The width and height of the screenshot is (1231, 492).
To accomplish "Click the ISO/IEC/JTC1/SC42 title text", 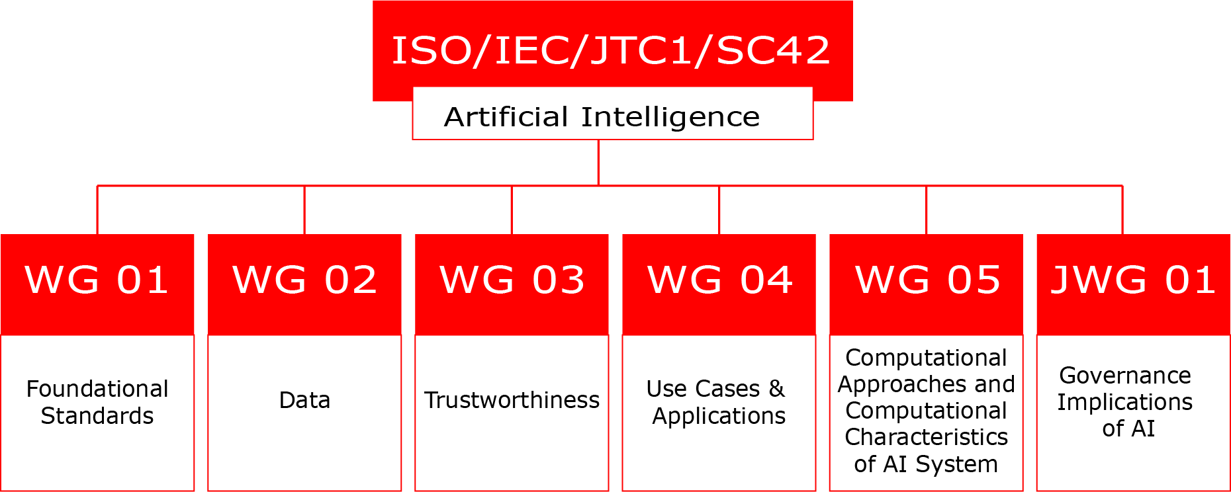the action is click(x=611, y=50).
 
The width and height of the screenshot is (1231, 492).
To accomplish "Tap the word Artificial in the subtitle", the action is click(x=506, y=117).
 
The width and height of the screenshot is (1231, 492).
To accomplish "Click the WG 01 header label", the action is click(x=97, y=280).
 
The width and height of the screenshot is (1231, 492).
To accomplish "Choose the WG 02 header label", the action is click(x=304, y=280).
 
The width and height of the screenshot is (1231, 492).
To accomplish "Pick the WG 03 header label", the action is click(x=512, y=280).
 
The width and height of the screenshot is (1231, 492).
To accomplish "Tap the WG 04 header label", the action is click(x=720, y=280).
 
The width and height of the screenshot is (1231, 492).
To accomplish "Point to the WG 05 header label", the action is click(x=928, y=280).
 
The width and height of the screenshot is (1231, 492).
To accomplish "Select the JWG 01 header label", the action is click(x=1134, y=280).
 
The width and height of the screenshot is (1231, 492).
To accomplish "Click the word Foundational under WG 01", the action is click(x=97, y=389).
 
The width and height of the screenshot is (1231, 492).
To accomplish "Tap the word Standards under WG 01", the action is click(x=97, y=416).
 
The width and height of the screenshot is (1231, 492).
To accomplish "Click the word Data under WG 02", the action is click(x=304, y=400).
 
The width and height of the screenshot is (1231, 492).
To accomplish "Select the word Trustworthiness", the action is click(x=512, y=400).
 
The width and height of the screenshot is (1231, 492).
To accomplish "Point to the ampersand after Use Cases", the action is click(x=777, y=389).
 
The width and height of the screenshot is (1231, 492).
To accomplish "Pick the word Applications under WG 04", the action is click(x=719, y=417).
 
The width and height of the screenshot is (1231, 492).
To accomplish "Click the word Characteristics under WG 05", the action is click(x=927, y=437).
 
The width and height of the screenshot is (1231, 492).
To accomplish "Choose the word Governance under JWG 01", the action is click(x=1125, y=376).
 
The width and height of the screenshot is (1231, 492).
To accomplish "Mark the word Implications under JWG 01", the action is click(x=1125, y=403).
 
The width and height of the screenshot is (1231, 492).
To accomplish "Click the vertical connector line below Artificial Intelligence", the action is click(x=598, y=163).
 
